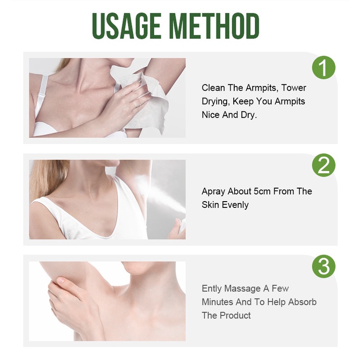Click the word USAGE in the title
[x=127, y=26]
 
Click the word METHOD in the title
[x=215, y=26]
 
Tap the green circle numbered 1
[x=324, y=68]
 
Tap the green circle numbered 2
[x=324, y=165]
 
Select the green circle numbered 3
[x=324, y=266]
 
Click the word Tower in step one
[x=294, y=88]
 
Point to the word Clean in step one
[x=213, y=88]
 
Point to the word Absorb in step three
[x=302, y=302]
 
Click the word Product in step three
[x=235, y=315]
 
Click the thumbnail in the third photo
[x=61, y=280]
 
